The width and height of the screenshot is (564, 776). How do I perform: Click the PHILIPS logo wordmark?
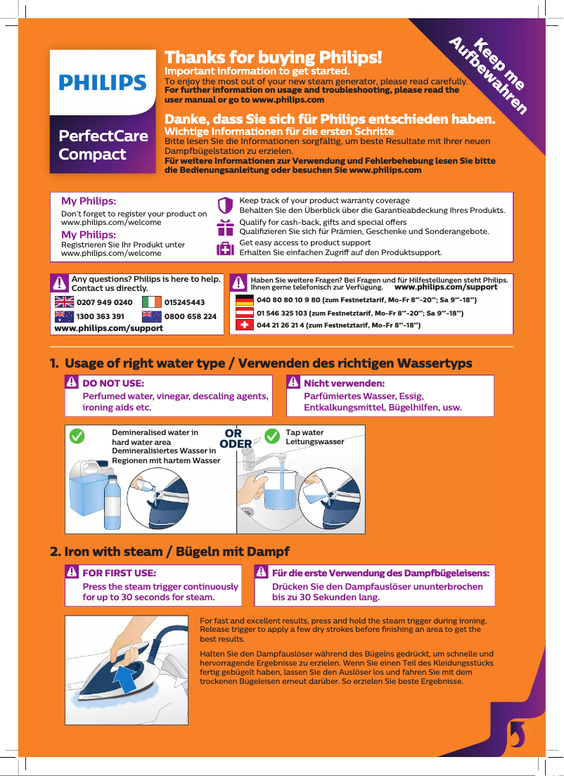tap(103, 83)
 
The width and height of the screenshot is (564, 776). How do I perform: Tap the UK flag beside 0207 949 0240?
tap(65, 302)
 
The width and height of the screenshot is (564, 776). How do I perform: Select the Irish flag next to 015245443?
tap(151, 302)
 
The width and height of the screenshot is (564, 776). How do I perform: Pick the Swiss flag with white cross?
tap(244, 325)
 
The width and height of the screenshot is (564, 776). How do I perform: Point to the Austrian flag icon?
tap(244, 313)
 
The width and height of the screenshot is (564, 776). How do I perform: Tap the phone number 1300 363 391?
tap(100, 316)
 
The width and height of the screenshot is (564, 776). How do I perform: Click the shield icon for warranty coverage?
tap(225, 205)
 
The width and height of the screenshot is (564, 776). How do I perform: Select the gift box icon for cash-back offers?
tap(225, 227)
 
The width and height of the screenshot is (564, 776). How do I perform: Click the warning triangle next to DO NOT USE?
tap(72, 384)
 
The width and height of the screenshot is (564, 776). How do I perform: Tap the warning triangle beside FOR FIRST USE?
tap(72, 573)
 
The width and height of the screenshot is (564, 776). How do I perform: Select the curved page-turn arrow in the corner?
tap(515, 734)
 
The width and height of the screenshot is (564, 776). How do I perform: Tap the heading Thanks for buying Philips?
tap(273, 57)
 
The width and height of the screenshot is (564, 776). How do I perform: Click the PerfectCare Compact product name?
tap(103, 145)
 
